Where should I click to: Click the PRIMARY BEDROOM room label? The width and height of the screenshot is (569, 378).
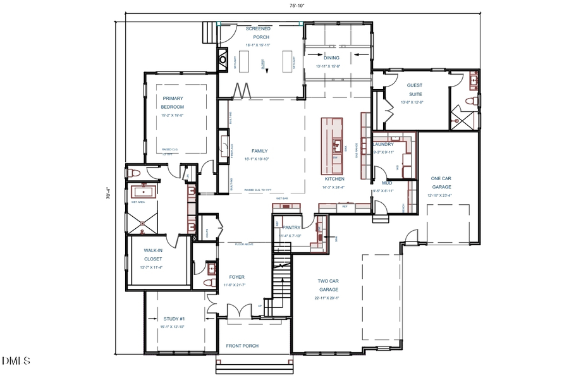[173, 102]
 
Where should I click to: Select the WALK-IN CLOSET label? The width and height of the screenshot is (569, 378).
[153, 255]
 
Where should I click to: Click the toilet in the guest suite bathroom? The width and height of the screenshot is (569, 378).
[469, 101]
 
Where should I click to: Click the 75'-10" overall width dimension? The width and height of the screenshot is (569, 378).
[298, 6]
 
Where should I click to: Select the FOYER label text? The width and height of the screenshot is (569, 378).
[236, 277]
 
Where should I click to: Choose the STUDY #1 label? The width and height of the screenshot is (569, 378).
[174, 319]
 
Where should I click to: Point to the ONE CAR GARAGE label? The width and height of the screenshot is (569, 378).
[441, 183]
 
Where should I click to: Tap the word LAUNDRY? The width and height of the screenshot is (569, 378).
[384, 144]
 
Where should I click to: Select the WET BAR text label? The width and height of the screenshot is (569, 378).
[281, 198]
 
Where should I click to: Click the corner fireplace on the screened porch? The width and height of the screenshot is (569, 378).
[223, 61]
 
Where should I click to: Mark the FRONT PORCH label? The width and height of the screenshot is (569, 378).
[242, 346]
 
